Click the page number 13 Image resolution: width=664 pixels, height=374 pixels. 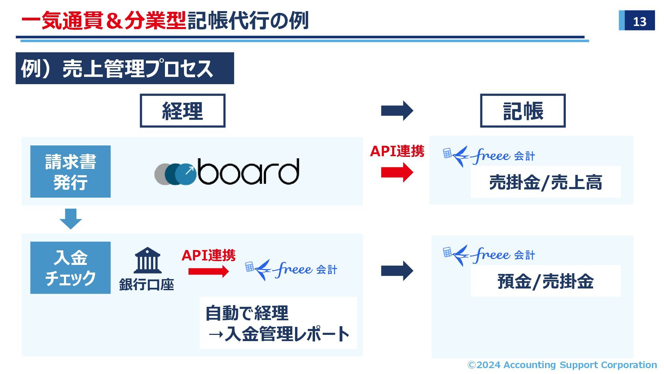[639, 21]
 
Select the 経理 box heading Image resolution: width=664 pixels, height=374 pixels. [182, 111]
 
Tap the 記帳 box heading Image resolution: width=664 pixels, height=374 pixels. [523, 111]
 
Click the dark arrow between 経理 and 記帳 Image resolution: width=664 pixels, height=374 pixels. [397, 111]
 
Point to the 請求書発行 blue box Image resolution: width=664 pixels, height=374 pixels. [71, 172]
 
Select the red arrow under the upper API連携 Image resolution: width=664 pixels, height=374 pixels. [397, 172]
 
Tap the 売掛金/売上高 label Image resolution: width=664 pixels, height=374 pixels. [545, 182]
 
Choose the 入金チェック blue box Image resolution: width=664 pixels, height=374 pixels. [71, 268]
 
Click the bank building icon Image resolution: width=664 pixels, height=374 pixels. [147, 260]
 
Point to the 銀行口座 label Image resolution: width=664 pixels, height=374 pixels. [146, 285]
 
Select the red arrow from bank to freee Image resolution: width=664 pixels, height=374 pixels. [208, 271]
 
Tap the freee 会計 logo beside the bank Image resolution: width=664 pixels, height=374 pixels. [291, 270]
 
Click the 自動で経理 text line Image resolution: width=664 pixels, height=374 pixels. [247, 313]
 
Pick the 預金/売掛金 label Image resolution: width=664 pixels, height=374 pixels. [545, 281]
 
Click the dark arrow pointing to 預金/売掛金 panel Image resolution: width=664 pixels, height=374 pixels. [397, 271]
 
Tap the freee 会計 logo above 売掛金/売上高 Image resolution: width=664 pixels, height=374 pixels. [489, 156]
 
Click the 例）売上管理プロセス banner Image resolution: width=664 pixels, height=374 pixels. [124, 68]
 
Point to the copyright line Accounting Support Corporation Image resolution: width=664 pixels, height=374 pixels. [562, 365]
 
